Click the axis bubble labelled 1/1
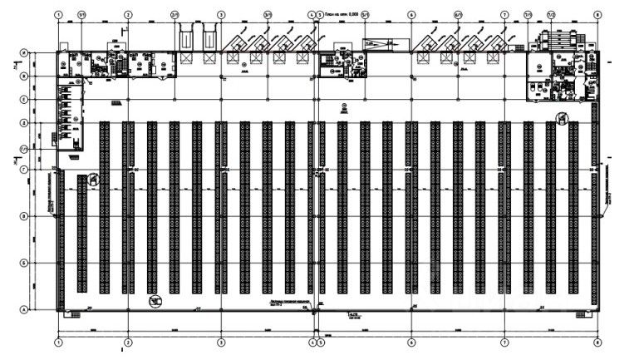click(81, 14)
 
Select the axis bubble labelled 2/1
click(174, 14)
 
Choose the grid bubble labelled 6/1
click(458, 14)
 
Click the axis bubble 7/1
click(528, 14)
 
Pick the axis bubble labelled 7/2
click(550, 14)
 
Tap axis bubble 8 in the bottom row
click(597, 342)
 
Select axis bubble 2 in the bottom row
click(128, 342)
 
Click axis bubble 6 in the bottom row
click(411, 342)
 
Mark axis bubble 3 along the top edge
click(221, 14)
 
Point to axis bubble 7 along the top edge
click(504, 14)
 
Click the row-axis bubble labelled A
click(23, 309)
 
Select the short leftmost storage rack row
click(81, 233)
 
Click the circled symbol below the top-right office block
click(563, 118)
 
